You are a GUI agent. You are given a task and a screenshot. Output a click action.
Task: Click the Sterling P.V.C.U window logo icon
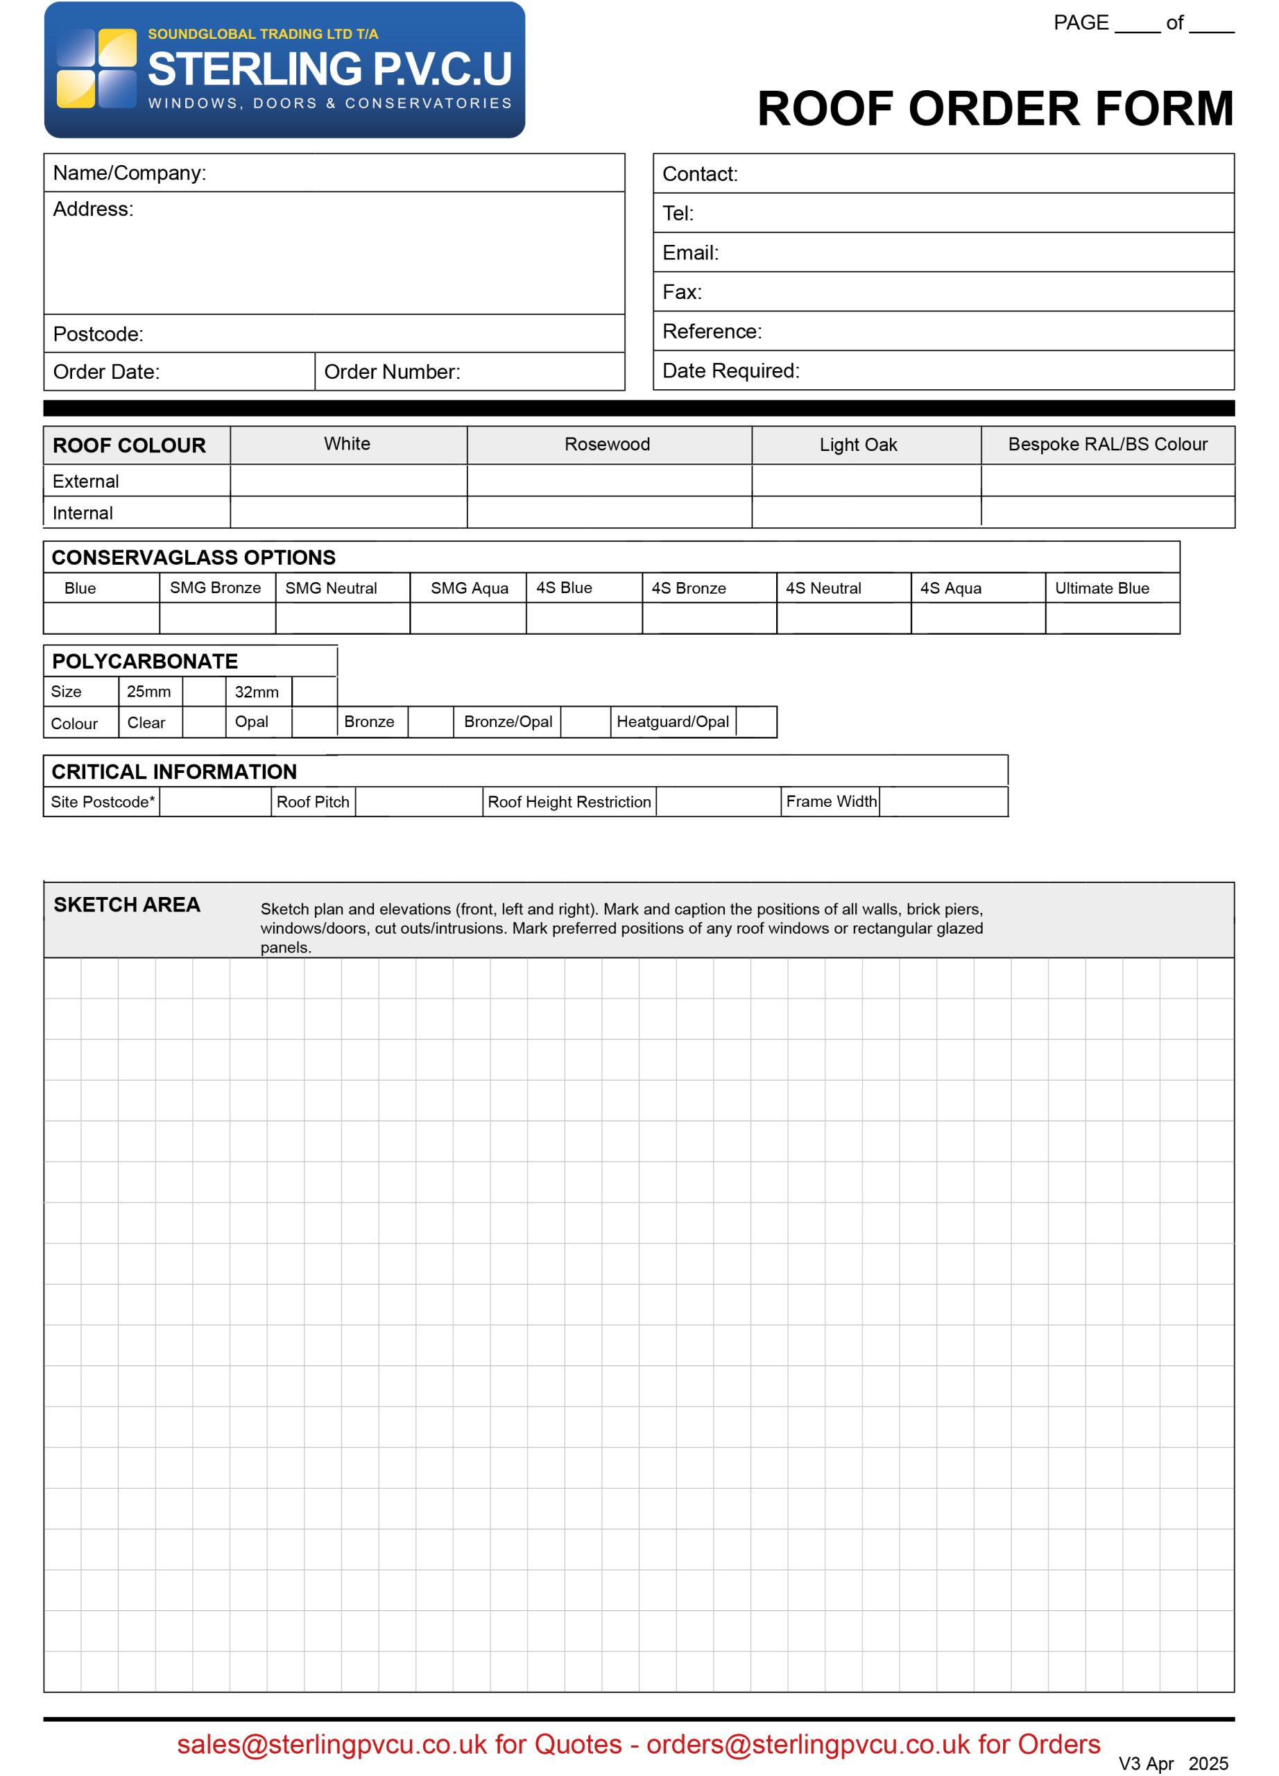tap(96, 68)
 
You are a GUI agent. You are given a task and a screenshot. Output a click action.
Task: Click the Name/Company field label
tap(129, 173)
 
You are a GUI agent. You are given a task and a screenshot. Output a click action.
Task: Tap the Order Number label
tap(391, 372)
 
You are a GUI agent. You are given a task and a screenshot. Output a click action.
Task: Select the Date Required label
tap(730, 371)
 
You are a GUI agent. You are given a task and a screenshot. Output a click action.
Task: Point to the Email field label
tap(689, 253)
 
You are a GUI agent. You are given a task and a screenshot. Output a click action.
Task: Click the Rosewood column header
tap(607, 445)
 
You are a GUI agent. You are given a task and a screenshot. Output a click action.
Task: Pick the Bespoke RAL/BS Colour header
tap(1107, 445)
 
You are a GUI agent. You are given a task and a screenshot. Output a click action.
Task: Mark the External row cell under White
tap(348, 481)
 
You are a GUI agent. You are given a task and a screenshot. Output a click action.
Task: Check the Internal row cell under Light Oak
tap(866, 512)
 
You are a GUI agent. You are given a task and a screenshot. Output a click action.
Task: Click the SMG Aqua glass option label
tap(469, 588)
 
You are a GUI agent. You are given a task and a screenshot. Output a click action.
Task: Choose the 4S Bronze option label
tap(688, 588)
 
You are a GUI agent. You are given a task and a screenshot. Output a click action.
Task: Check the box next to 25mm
tap(205, 692)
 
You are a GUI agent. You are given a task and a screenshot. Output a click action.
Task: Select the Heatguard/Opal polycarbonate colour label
tap(672, 722)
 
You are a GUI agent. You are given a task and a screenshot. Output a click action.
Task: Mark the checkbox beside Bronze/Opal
tap(585, 722)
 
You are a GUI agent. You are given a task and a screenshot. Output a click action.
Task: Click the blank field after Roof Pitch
tap(418, 802)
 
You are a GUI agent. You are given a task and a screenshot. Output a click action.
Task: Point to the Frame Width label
tap(830, 802)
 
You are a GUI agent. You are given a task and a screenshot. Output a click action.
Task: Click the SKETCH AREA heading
tap(127, 905)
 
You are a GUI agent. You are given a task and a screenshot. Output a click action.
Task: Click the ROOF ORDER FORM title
tap(995, 108)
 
